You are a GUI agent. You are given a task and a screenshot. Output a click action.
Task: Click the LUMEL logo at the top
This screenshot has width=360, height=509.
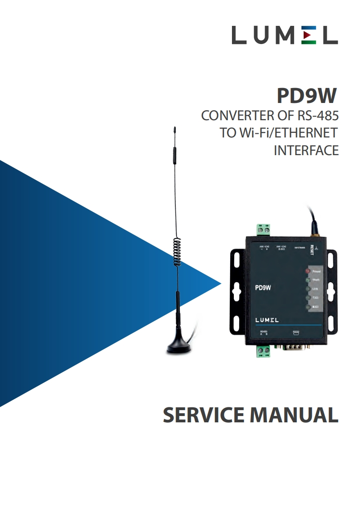[x=285, y=35]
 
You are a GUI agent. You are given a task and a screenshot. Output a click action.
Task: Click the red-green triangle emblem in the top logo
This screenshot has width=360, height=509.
[x=309, y=35]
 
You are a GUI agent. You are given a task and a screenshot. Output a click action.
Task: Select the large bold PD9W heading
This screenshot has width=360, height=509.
[x=307, y=96]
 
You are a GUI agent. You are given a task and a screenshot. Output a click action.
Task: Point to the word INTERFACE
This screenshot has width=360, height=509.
[x=306, y=150]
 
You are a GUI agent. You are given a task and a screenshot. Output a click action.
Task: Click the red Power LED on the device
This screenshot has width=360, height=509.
[x=307, y=271]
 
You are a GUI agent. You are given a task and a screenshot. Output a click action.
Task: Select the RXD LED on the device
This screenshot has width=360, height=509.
[x=308, y=308]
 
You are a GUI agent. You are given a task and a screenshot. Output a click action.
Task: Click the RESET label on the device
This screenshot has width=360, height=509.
[x=311, y=250]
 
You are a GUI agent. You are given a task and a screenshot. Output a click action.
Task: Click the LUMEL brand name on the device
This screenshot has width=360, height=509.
[x=266, y=320]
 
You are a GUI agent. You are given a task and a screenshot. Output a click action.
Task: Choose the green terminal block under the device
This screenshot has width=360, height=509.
[x=263, y=350]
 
